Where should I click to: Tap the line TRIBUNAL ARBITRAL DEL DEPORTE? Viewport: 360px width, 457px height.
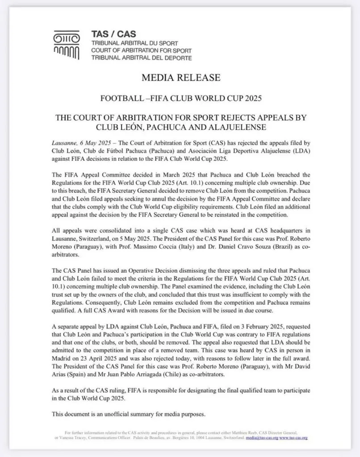[x=141, y=58]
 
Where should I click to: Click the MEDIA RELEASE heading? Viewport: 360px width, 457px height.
[x=180, y=78]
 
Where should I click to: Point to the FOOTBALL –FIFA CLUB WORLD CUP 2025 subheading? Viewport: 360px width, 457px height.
[x=180, y=97]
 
